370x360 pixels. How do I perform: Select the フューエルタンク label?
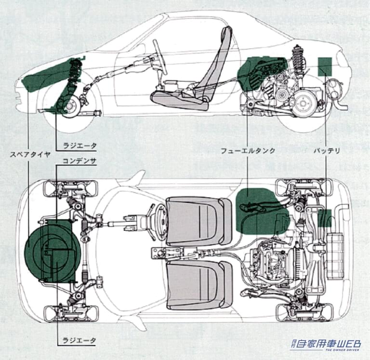pyautogui.click(x=248, y=150)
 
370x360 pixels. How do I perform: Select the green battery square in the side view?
pyautogui.click(x=325, y=67)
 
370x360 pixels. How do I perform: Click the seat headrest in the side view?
pyautogui.click(x=226, y=37)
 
